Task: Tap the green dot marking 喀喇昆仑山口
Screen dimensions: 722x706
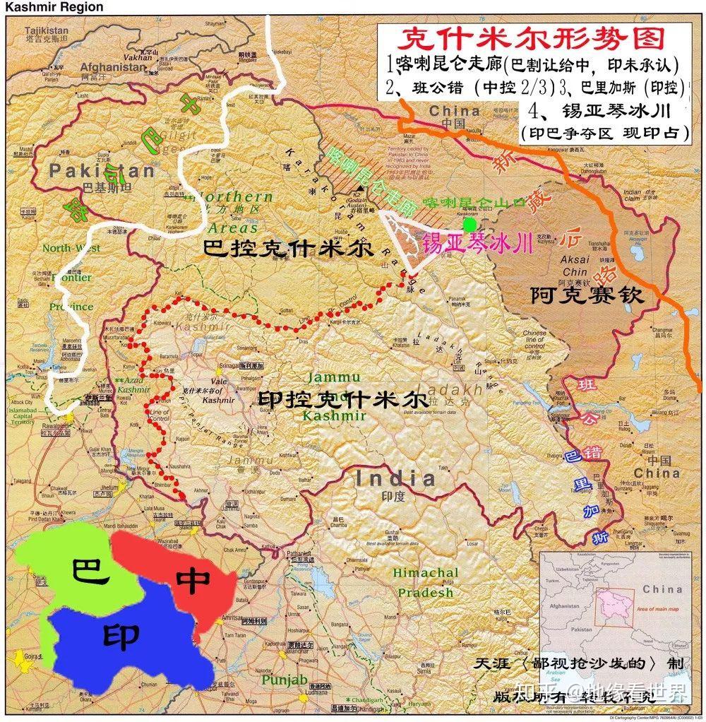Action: click(468, 224)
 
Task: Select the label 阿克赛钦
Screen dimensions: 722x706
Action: click(587, 295)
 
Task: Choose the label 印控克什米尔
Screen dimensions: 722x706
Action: click(342, 399)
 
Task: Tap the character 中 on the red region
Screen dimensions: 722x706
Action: click(193, 579)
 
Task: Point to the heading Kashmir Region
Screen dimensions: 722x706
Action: click(54, 7)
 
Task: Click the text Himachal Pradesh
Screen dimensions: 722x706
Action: click(425, 582)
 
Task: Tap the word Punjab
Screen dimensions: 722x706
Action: click(285, 680)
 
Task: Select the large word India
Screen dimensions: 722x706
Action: click(395, 478)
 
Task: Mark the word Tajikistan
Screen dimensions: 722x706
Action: click(47, 30)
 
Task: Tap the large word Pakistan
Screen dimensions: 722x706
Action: click(101, 171)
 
